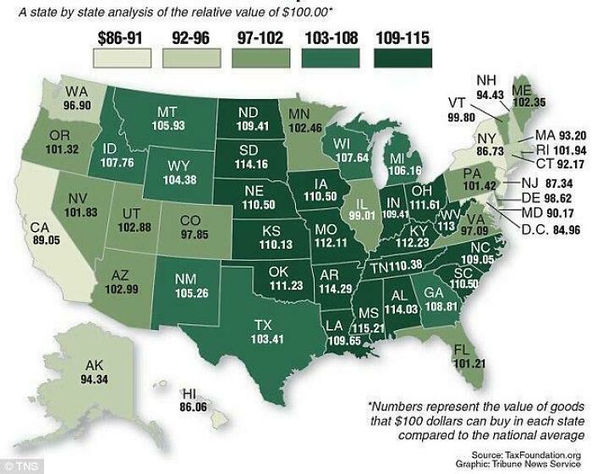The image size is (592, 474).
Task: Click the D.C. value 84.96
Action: coord(558,228)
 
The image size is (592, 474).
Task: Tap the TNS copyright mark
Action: coord(16,466)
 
